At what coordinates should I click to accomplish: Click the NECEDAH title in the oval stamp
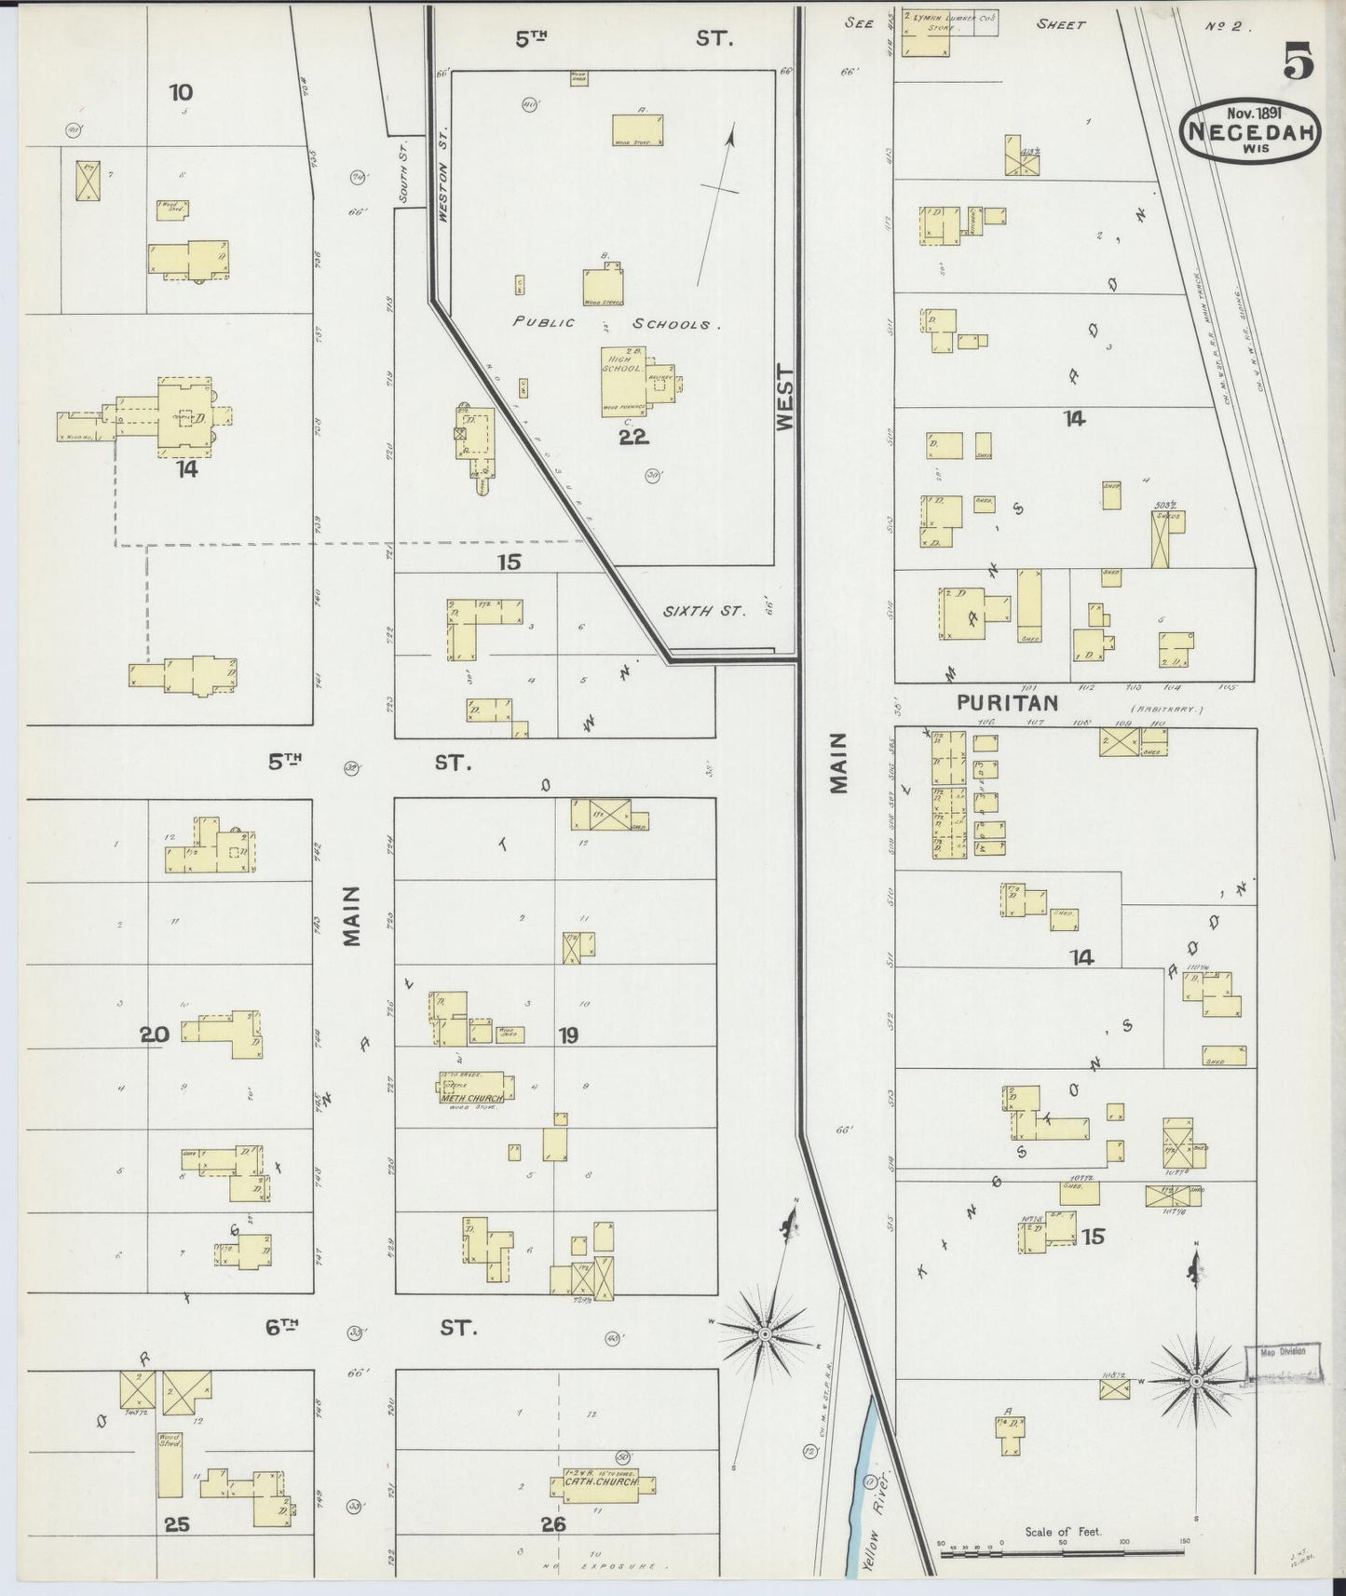pyautogui.click(x=1249, y=132)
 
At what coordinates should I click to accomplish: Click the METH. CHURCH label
pyautogui.click(x=472, y=1098)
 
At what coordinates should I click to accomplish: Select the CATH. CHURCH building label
pyautogui.click(x=601, y=1481)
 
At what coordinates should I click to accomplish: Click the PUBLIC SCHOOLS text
pyautogui.click(x=617, y=324)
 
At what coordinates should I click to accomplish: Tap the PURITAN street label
pyautogui.click(x=1008, y=703)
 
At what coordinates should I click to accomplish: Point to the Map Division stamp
pyautogui.click(x=1282, y=1352)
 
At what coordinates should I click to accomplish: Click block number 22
pyautogui.click(x=633, y=436)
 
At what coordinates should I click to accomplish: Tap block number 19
pyautogui.click(x=568, y=1035)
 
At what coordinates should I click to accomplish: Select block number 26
pyautogui.click(x=553, y=1524)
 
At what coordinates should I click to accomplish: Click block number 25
pyautogui.click(x=177, y=1524)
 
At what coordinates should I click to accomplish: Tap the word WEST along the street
pyautogui.click(x=784, y=398)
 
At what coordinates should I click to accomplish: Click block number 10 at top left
pyautogui.click(x=181, y=92)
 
